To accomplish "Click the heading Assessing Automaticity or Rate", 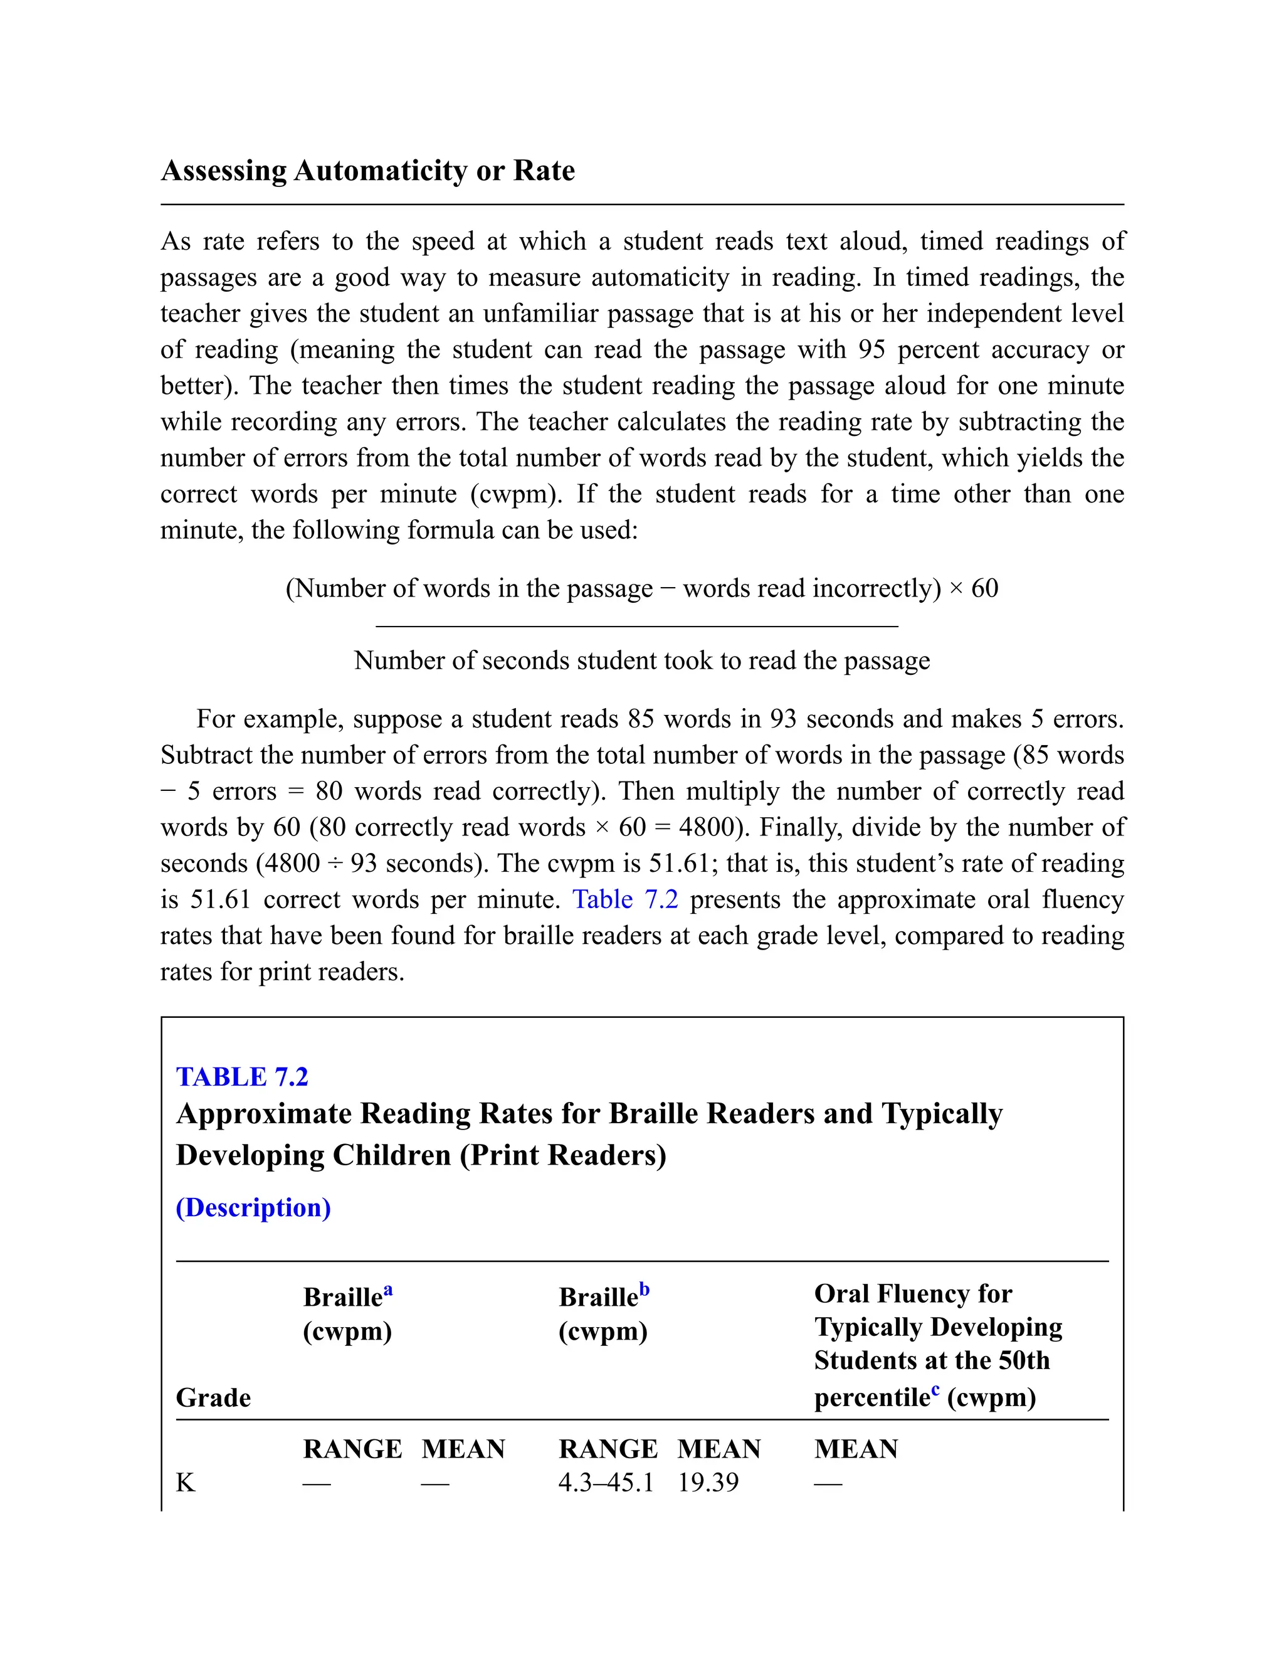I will pos(367,171).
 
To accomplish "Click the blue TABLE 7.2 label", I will pos(242,1077).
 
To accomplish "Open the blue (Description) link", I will pos(253,1208).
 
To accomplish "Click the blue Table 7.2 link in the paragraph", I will pos(624,899).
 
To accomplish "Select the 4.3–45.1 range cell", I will pos(606,1483).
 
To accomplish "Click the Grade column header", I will pos(213,1398).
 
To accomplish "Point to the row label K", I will pos(186,1483).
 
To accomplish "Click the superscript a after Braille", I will pos(388,1290).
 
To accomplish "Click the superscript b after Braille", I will pos(645,1290).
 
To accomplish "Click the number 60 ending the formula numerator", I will pos(984,588).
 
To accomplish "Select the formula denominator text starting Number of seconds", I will pos(641,660).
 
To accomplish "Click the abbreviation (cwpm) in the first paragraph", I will pos(516,494).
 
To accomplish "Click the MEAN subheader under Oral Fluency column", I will pos(856,1449).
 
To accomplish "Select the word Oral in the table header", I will pos(842,1294).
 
